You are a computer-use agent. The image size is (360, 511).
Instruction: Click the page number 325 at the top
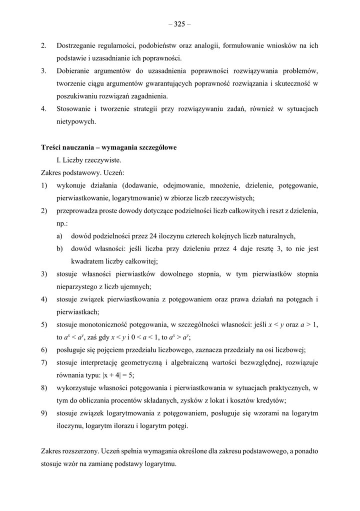[179, 23]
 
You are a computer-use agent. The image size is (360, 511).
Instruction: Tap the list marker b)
[59, 248]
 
